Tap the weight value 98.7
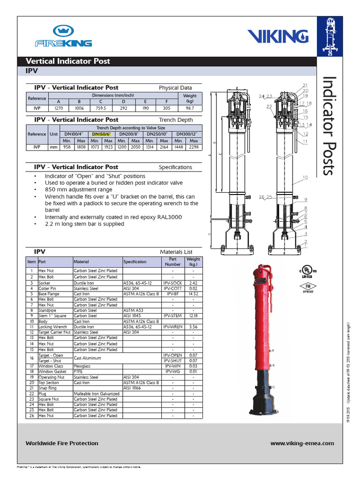(190, 108)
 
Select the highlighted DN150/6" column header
(101, 134)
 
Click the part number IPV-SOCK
(172, 283)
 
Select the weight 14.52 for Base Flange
(193, 294)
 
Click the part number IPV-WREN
(172, 327)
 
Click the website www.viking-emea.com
(302, 443)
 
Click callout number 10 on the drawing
(305, 178)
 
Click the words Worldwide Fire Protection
(62, 443)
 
